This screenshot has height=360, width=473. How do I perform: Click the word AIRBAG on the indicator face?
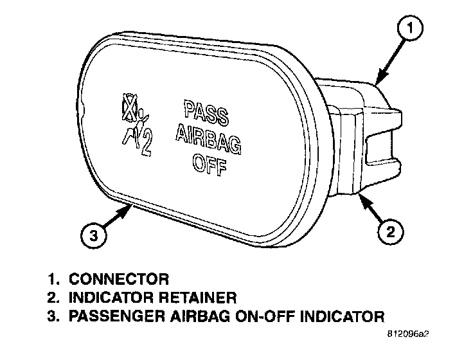coord(208,133)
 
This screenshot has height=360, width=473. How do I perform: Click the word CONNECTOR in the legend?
coord(119,279)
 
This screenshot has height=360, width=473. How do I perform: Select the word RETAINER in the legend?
coord(200,298)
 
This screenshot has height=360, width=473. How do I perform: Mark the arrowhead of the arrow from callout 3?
coord(132,204)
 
